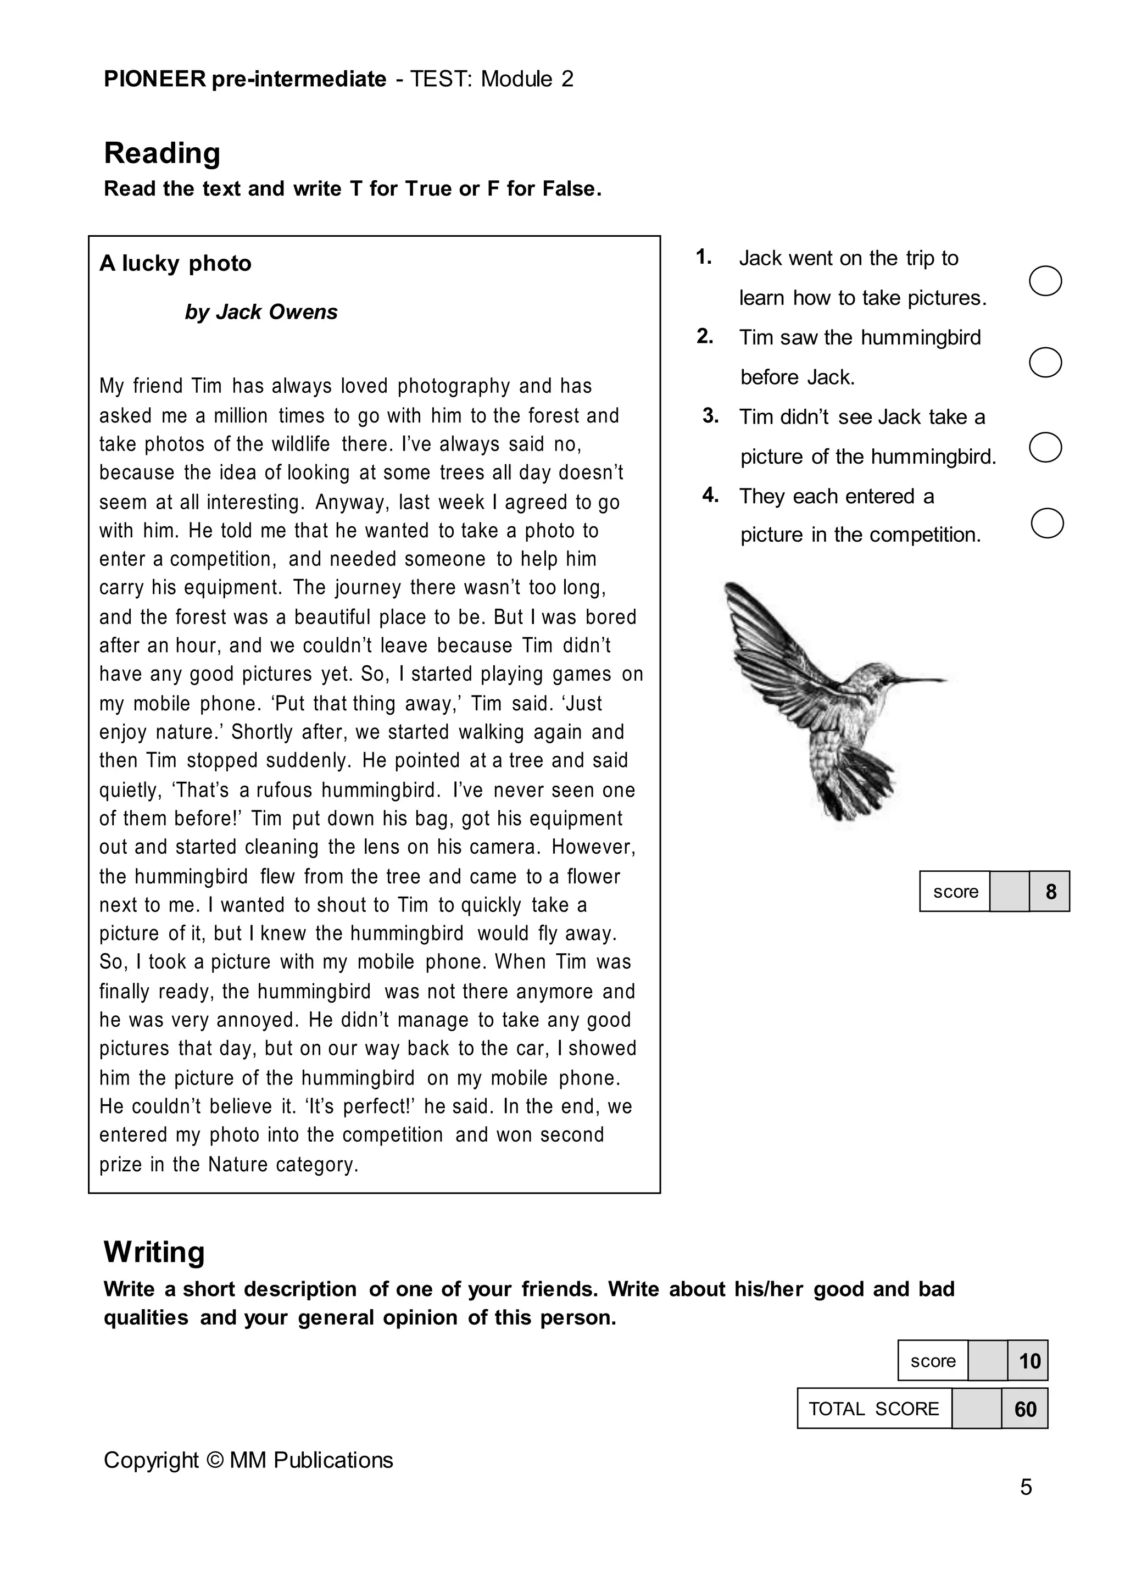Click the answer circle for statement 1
1045,281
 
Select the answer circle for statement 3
1045,448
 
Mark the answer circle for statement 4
1048,523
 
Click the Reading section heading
162,153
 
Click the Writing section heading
154,1252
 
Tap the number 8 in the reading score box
1050,892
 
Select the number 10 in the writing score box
1029,1361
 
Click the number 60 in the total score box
1025,1409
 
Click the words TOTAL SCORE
873,1409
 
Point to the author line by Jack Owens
261,312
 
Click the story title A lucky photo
175,263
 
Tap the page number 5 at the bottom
1026,1487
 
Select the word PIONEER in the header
155,79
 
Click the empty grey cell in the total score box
977,1409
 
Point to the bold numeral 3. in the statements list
711,416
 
